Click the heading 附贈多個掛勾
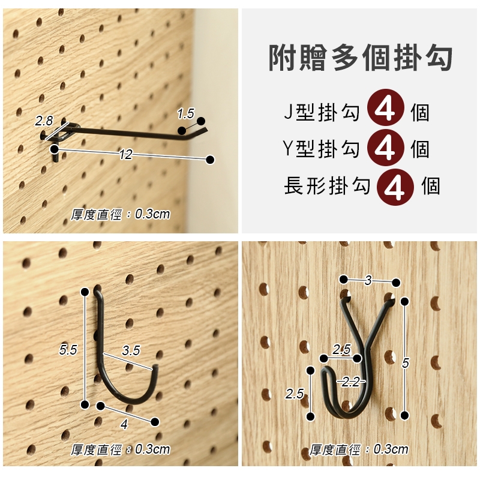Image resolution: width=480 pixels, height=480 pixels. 361,58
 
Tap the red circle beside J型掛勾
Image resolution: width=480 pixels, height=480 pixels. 385,107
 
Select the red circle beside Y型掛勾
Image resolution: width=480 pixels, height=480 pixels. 385,148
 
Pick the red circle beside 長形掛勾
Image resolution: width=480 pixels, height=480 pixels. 395,187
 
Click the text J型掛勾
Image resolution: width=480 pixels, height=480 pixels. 322,112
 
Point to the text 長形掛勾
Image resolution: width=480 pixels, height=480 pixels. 327,185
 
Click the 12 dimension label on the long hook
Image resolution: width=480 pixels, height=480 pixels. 125,154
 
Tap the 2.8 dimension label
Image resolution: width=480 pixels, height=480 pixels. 44,121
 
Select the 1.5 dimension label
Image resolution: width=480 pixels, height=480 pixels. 185,113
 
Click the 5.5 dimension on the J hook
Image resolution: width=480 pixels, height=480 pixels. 68,350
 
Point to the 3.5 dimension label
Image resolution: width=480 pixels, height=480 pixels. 131,350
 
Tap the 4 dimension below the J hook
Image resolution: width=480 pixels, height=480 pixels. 124,424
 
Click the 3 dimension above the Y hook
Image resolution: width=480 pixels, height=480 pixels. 368,280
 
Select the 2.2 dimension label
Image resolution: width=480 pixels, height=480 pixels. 350,382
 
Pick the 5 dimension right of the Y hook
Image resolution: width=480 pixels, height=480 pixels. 406,363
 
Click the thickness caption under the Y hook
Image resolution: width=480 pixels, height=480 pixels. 358,449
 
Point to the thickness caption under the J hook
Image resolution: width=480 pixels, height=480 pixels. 120,449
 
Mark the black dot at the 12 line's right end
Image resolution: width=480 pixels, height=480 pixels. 210,160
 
